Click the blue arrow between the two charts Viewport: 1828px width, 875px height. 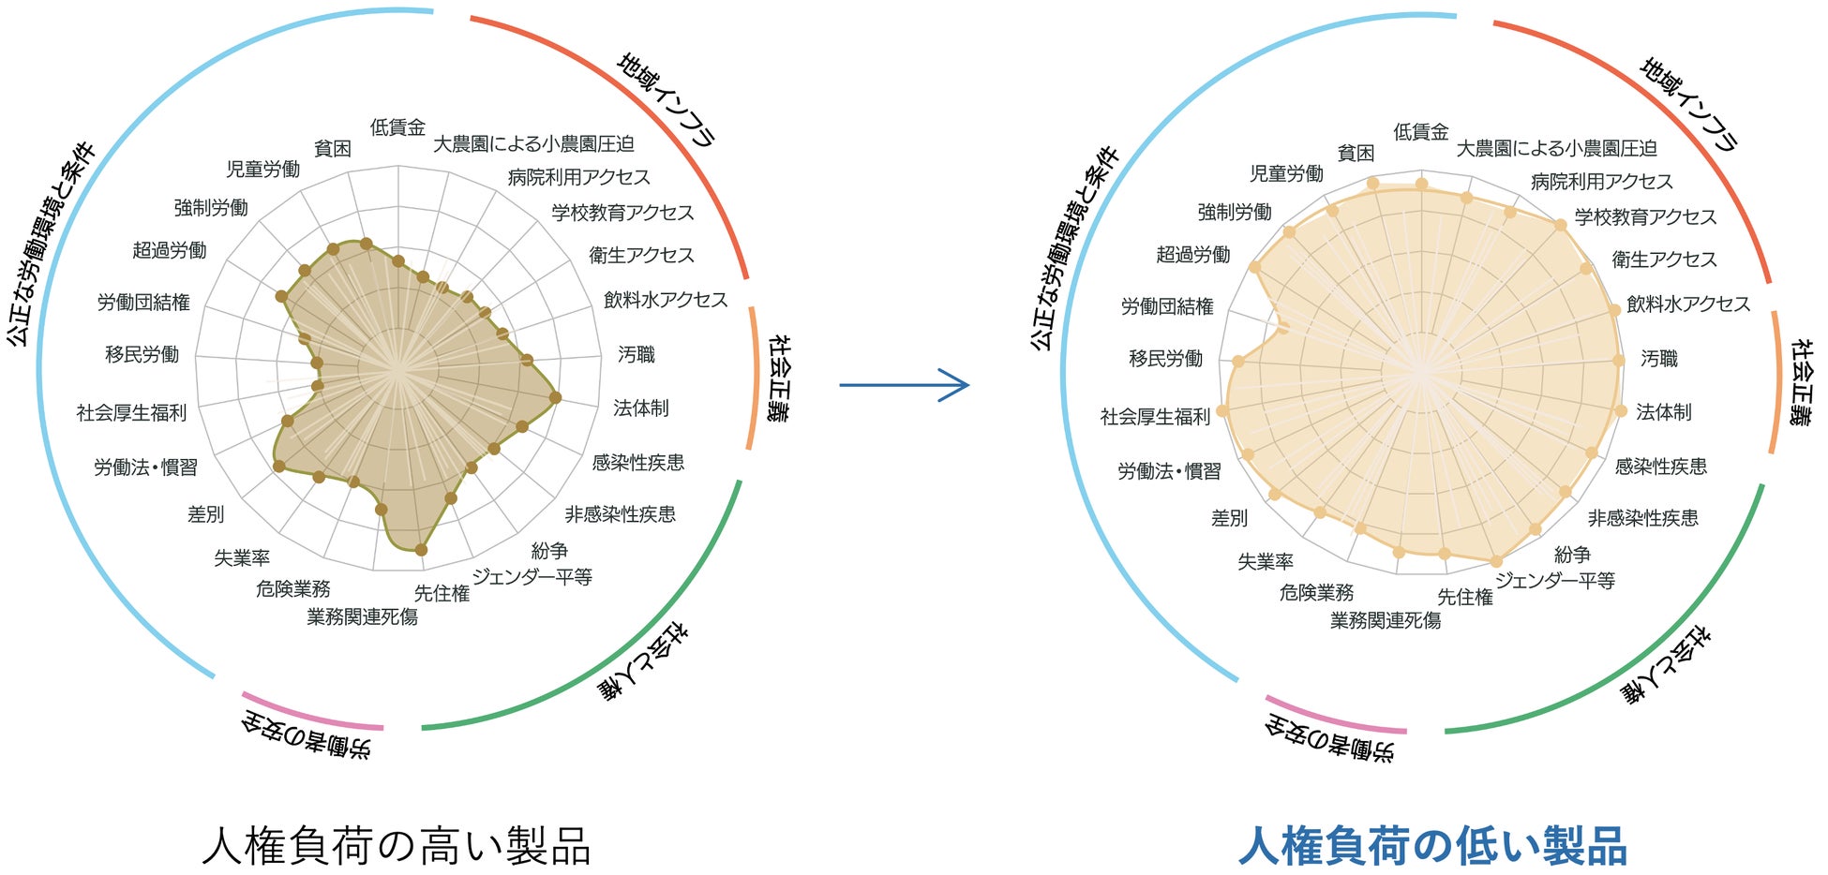904,384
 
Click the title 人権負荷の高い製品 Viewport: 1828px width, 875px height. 397,845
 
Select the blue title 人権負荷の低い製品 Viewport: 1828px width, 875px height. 1432,846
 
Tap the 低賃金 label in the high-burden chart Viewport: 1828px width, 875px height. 397,127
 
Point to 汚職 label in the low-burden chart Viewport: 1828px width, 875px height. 1659,358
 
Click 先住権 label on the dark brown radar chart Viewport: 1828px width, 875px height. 442,593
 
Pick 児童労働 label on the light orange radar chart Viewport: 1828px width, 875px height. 1286,173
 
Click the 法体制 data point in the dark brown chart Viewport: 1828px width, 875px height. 555,397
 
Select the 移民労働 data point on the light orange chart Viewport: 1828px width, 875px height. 1237,362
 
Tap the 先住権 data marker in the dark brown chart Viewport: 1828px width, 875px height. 421,550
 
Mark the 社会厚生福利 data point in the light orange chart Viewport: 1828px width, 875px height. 1222,410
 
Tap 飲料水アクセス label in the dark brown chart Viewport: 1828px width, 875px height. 665,300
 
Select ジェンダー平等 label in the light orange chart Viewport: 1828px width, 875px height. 1555,581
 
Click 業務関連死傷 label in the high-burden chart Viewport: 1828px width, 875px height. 362,616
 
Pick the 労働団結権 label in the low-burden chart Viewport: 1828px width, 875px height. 1167,306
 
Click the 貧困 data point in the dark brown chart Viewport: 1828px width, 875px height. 332,249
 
